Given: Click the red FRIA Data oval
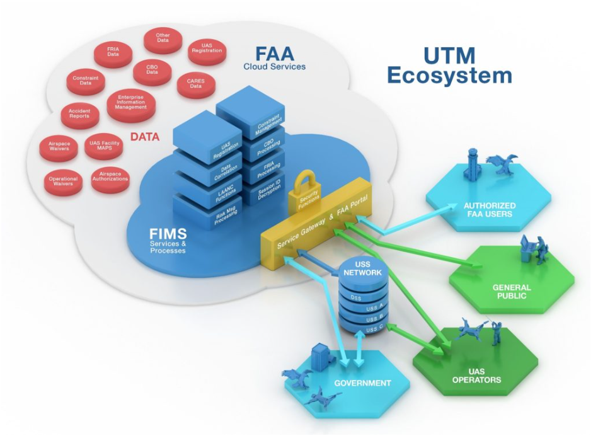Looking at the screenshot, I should coord(113,54).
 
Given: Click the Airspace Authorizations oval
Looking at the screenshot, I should coord(111,177).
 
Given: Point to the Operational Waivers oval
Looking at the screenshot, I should coord(63,181).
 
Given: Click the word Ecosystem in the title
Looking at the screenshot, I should coord(449,76).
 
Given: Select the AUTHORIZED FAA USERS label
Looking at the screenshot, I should coord(489,210).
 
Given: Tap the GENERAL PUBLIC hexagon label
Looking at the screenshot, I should coord(511,291).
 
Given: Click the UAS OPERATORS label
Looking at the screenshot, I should coord(476,376).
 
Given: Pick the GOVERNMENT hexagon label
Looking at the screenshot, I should coord(362,382).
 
